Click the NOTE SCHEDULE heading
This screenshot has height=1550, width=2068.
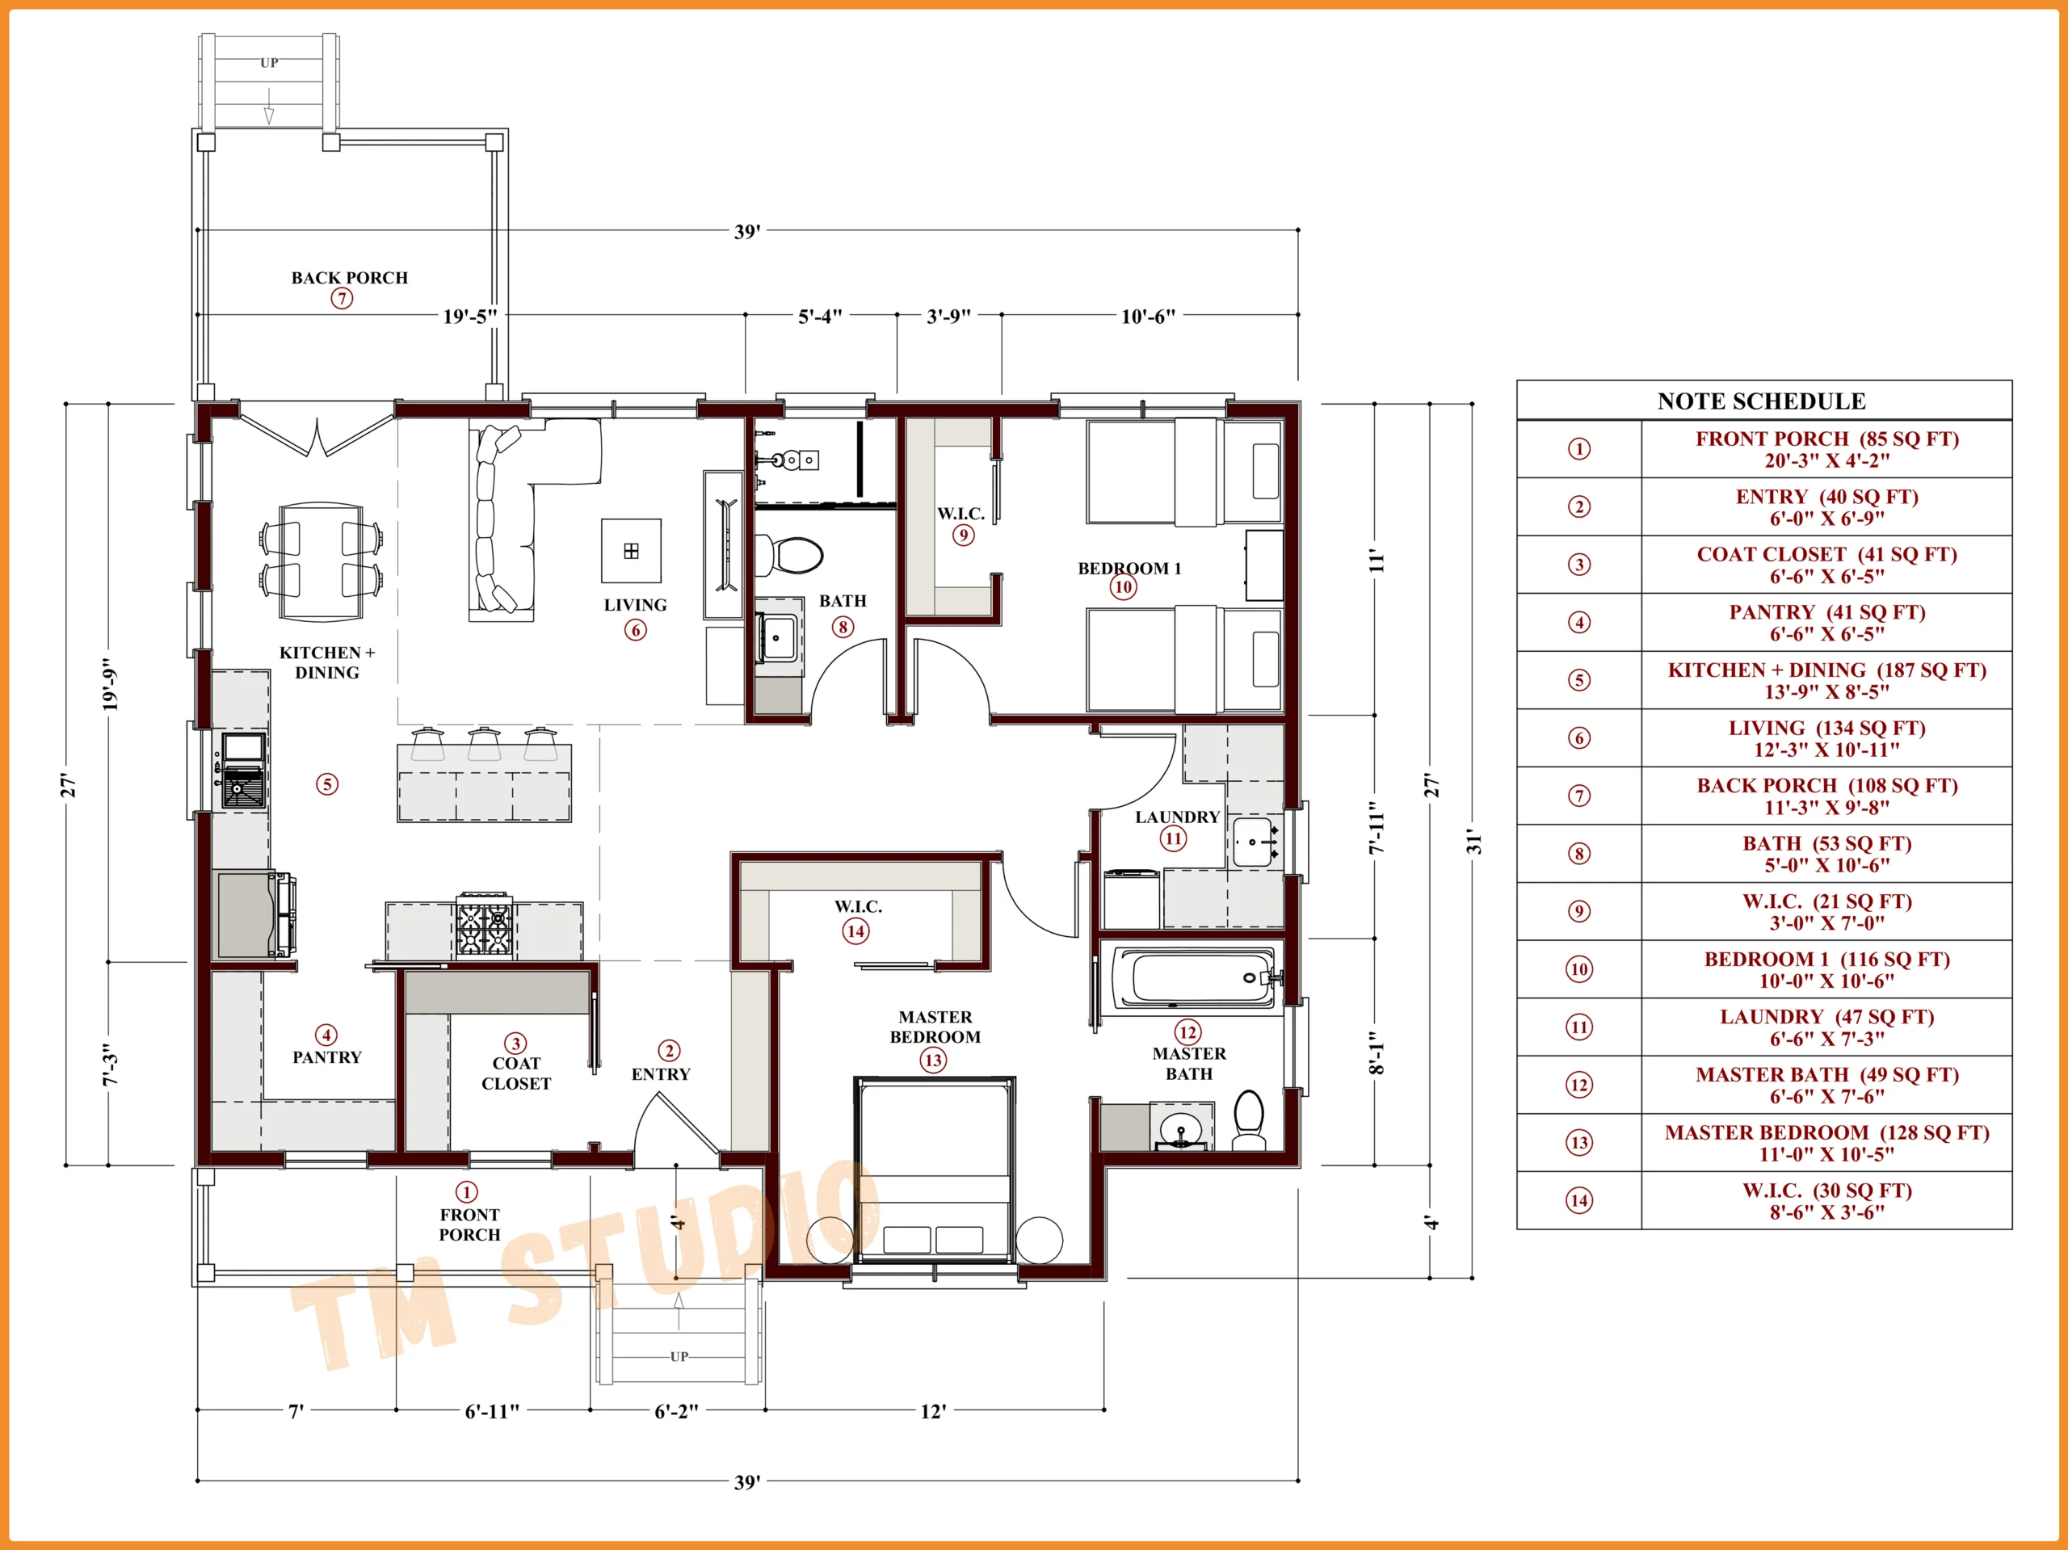click(1761, 401)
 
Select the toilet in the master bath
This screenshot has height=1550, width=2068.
click(1249, 1120)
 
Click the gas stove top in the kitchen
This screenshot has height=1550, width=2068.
click(484, 927)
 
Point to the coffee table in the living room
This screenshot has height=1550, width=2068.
click(631, 551)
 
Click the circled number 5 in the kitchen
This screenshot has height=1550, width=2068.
click(326, 783)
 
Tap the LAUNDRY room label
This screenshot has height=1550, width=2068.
click(1177, 817)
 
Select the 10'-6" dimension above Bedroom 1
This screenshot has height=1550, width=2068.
click(1148, 316)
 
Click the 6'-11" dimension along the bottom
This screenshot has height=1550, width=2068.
click(492, 1411)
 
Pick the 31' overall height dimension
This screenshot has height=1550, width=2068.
click(1473, 841)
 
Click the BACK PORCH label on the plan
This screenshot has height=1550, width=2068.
click(350, 278)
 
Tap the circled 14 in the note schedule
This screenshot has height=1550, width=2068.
click(1579, 1200)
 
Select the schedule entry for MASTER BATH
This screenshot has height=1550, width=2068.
click(1826, 1086)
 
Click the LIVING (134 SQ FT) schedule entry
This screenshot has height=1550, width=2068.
click(1826, 738)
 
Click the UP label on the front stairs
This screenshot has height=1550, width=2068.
click(679, 1356)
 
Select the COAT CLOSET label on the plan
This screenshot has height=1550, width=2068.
click(516, 1073)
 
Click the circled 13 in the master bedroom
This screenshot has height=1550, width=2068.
click(933, 1061)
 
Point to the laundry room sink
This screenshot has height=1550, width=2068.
click(1253, 842)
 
